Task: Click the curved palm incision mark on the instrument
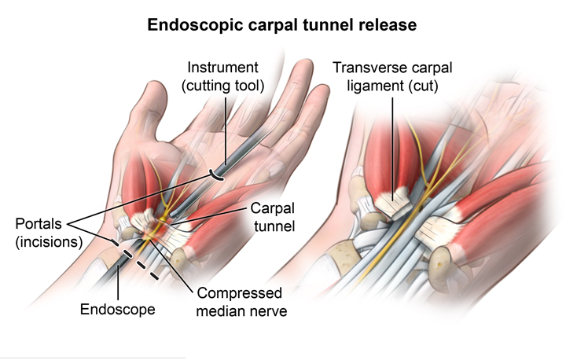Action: [218, 175]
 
